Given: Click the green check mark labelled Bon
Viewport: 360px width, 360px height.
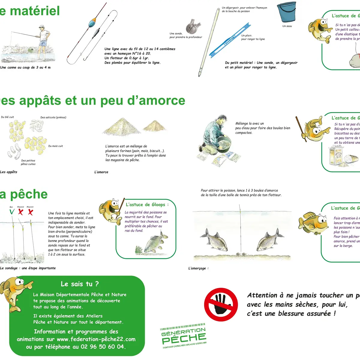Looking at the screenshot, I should point(12,212).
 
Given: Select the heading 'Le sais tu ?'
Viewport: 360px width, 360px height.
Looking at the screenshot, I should point(79,284).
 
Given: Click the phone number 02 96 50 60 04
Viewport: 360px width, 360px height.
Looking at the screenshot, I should point(102,347).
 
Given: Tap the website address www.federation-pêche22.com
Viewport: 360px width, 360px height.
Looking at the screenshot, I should point(96,339).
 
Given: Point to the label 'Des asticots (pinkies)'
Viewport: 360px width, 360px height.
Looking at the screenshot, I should point(53,117).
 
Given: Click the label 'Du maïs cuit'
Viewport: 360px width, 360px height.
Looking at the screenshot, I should point(55,146).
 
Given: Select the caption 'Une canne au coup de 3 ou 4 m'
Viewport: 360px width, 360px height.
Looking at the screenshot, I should point(25,67).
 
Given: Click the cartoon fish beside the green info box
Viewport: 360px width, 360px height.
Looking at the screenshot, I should point(15,292).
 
